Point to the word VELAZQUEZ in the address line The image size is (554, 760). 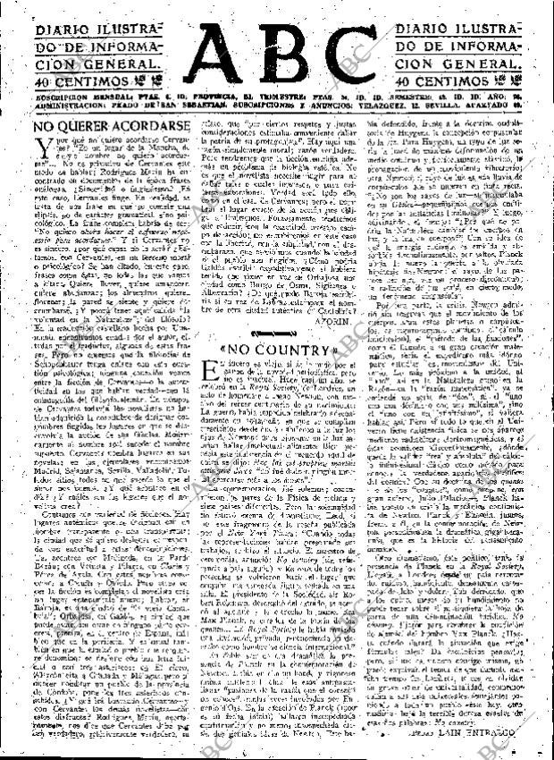415,104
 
